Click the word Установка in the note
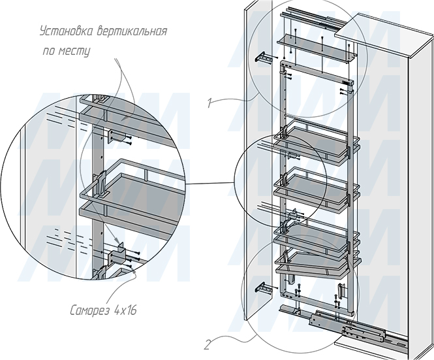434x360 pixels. pos(67,31)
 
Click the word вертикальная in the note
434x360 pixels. pos(132,31)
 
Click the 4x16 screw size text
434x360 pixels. pos(125,310)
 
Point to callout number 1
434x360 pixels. pos(210,103)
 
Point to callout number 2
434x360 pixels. pos(207,345)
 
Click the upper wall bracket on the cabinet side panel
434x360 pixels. pos(262,58)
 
